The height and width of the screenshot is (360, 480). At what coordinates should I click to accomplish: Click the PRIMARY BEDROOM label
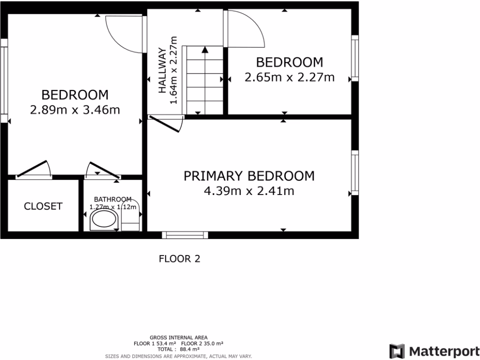click(249, 176)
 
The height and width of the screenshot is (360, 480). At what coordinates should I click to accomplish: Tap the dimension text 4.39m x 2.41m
click(249, 191)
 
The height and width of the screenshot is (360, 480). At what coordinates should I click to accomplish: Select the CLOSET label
click(43, 206)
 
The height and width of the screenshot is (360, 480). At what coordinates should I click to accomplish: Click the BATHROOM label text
click(112, 199)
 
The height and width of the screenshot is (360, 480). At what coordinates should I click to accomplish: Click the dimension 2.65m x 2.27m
click(290, 77)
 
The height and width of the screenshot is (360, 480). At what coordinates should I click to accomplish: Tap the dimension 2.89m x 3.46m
click(75, 110)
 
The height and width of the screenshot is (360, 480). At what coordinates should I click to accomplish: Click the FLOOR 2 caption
click(180, 258)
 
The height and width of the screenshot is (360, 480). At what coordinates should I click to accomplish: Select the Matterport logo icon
click(397, 351)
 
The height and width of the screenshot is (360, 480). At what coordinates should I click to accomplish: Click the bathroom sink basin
click(104, 219)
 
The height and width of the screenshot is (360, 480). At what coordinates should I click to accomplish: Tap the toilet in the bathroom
click(130, 219)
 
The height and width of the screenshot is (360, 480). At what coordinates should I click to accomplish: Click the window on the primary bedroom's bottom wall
click(185, 235)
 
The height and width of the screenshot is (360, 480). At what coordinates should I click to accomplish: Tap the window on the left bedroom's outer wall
click(4, 80)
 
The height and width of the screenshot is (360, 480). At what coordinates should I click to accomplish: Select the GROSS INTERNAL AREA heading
click(179, 337)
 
